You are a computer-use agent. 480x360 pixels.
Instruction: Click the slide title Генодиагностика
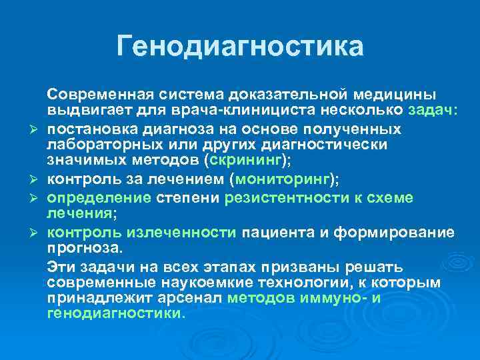click(240, 47)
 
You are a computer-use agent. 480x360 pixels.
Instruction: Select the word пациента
click(271, 233)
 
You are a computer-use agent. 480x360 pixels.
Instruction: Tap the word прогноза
click(85, 249)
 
